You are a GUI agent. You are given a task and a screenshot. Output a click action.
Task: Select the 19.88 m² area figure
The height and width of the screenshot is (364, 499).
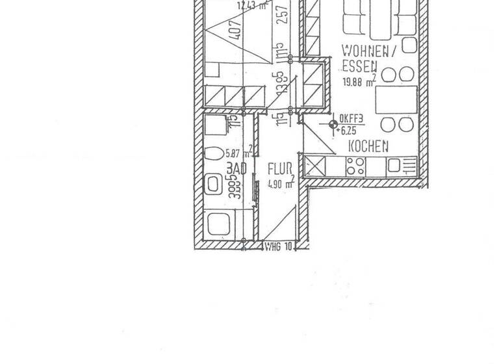pyautogui.click(x=359, y=82)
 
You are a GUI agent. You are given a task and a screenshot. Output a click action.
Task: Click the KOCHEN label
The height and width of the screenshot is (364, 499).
pyautogui.click(x=368, y=146)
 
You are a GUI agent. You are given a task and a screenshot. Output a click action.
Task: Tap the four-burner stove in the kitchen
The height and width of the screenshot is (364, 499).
pyautogui.click(x=356, y=165)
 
